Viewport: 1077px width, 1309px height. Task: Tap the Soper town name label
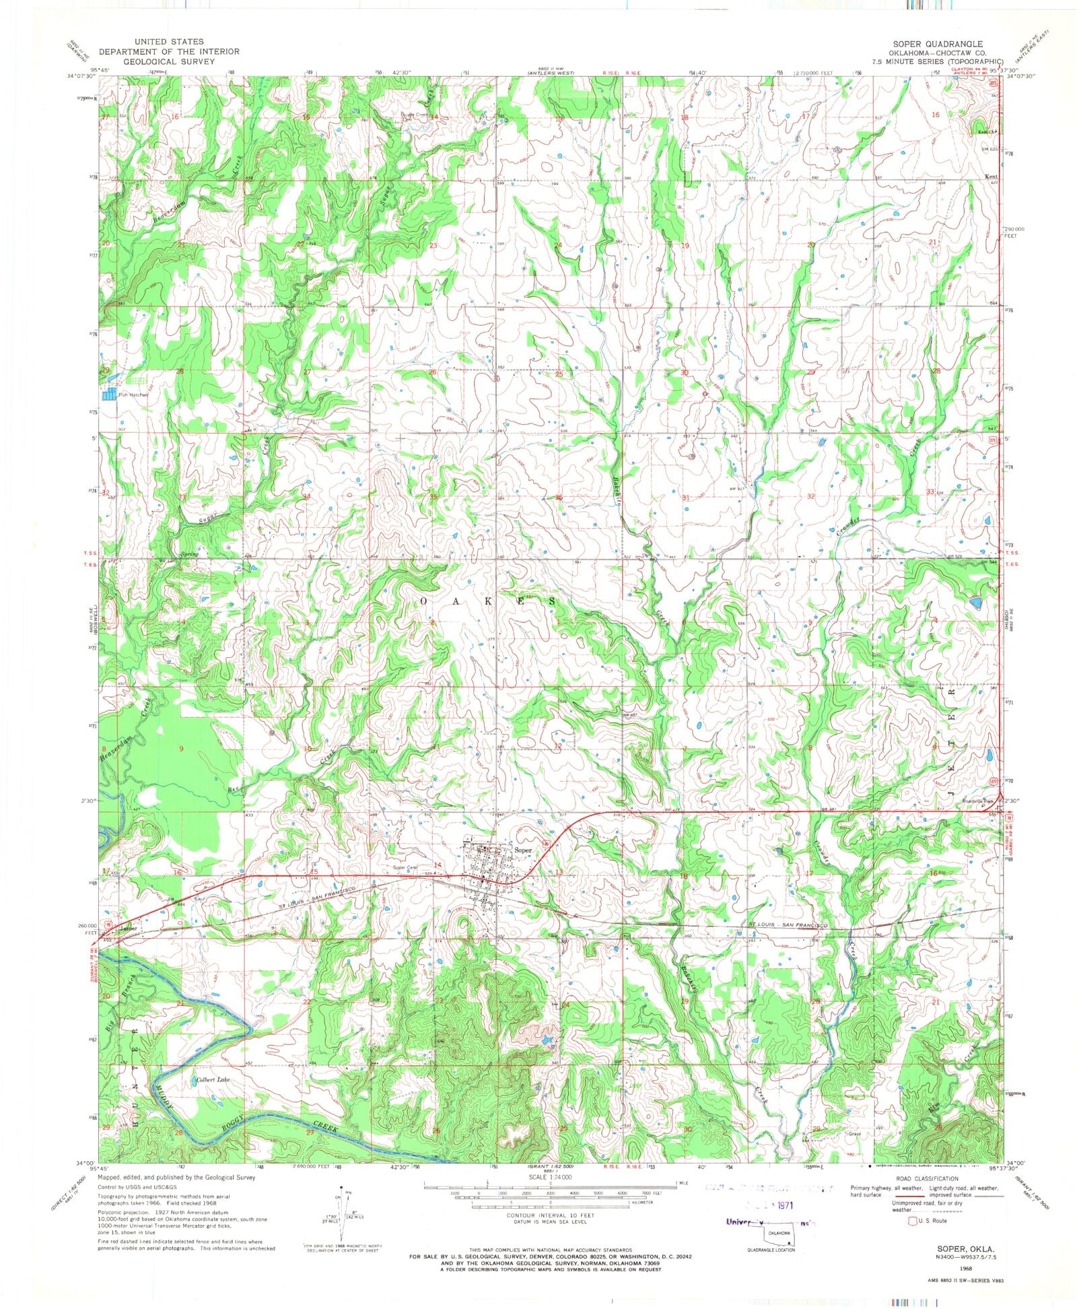pyautogui.click(x=523, y=850)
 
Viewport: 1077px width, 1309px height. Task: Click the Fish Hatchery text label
pyautogui.click(x=132, y=395)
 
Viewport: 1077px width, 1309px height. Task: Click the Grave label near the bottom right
pyautogui.click(x=855, y=1133)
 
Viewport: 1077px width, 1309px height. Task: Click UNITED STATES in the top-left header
pyautogui.click(x=168, y=42)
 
